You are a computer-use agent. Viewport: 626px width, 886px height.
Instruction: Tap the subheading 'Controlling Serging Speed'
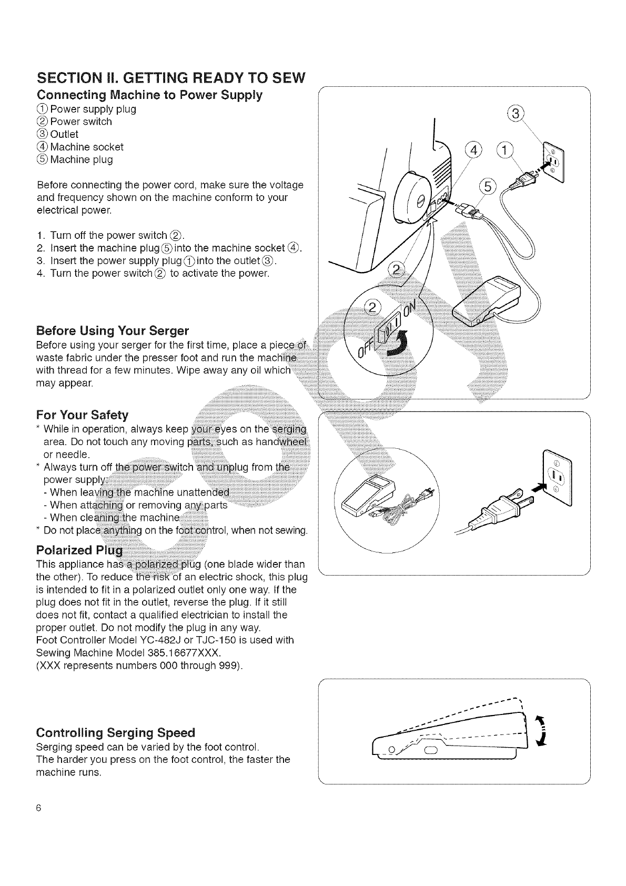coord(115,732)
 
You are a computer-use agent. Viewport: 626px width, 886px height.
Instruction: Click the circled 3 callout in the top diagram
coord(518,114)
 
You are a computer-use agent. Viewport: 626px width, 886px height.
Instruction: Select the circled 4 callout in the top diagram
coord(473,150)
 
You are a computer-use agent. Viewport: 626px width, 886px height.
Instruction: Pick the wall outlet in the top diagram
coord(552,162)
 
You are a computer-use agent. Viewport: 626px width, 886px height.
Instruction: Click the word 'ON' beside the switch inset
coord(410,314)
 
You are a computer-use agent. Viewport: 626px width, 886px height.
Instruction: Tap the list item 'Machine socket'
coord(86,147)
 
